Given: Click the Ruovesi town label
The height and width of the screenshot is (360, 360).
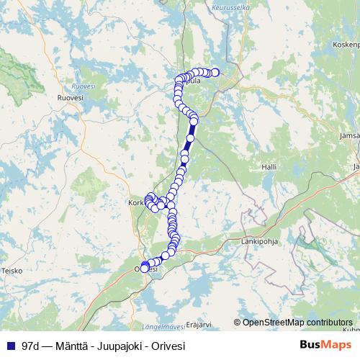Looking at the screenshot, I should pyautogui.click(x=70, y=96).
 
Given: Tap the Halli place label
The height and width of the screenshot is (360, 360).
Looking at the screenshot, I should pyautogui.click(x=269, y=166).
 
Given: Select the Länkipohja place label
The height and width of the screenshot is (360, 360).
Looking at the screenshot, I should pyautogui.click(x=260, y=241).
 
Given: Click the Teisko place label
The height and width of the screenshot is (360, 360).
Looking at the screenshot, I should pyautogui.click(x=12, y=271).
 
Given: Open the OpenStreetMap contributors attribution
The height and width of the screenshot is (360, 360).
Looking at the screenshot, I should pyautogui.click(x=297, y=322).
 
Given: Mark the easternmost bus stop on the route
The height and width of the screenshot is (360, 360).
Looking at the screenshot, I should pyautogui.click(x=215, y=71).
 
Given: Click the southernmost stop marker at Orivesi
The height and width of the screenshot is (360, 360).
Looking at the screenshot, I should pyautogui.click(x=145, y=269).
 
